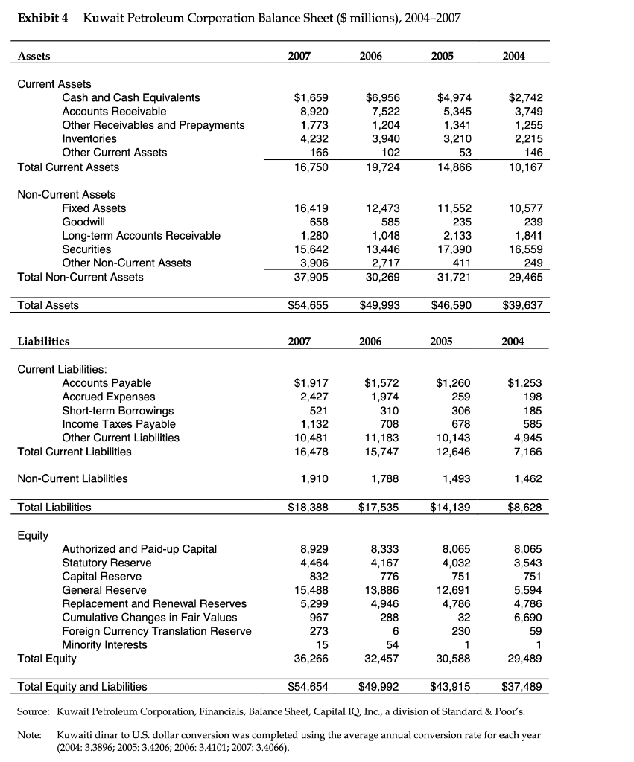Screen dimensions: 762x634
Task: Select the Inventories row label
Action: point(89,138)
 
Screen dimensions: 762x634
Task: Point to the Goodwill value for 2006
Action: point(388,222)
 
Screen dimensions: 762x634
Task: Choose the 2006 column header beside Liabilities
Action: point(370,341)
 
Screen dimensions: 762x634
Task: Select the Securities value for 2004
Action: point(525,249)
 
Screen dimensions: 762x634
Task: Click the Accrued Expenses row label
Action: point(109,397)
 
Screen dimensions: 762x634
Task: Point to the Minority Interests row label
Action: point(104,644)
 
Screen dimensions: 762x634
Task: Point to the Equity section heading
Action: point(33,535)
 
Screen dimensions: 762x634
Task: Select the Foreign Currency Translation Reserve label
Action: point(156,631)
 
